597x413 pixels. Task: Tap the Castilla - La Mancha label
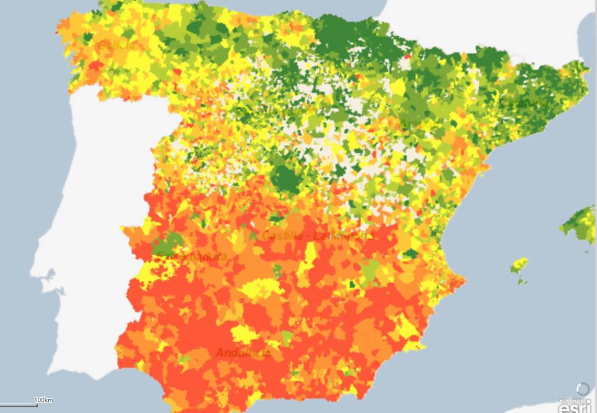[x=317, y=236]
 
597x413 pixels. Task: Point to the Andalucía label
[x=243, y=353]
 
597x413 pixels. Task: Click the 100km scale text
[x=44, y=400]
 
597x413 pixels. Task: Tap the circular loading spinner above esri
[x=583, y=389]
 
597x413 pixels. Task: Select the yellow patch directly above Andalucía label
[x=244, y=333]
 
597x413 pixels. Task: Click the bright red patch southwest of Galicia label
[x=96, y=66]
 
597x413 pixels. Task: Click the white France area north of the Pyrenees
[x=466, y=22]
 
